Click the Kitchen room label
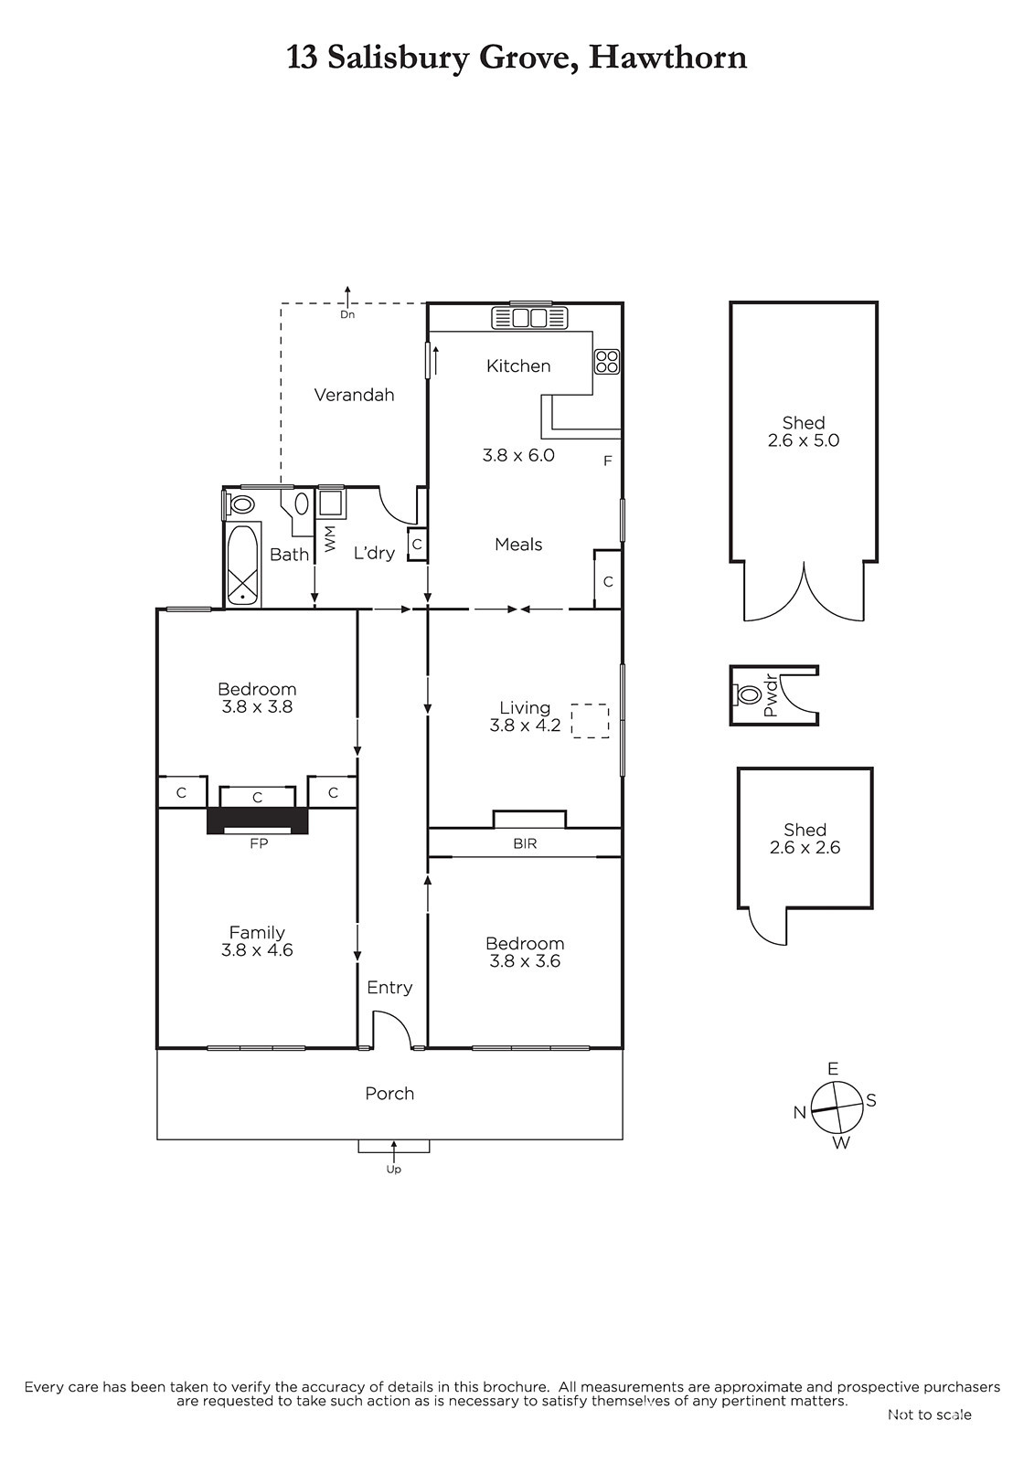pyautogui.click(x=518, y=365)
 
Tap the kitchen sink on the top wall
pyautogui.click(x=529, y=318)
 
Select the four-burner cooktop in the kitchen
pyautogui.click(x=606, y=362)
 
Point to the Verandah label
pyautogui.click(x=354, y=395)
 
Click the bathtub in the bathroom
pyautogui.click(x=242, y=565)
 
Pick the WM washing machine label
pyautogui.click(x=330, y=538)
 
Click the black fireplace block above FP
pyautogui.click(x=257, y=821)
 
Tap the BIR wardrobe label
pyautogui.click(x=525, y=843)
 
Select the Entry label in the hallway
pyautogui.click(x=390, y=988)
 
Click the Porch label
pyautogui.click(x=390, y=1093)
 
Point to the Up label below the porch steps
pyautogui.click(x=393, y=1169)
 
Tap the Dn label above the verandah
pyautogui.click(x=347, y=314)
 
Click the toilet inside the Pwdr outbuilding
pyautogui.click(x=744, y=694)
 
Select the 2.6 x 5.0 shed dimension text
pyautogui.click(x=804, y=440)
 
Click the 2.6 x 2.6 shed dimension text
pyautogui.click(x=805, y=848)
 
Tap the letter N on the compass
pyautogui.click(x=800, y=1113)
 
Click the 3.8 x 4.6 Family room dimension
pyautogui.click(x=257, y=949)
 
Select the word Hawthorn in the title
pyautogui.click(x=667, y=58)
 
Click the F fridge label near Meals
pyautogui.click(x=607, y=461)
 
